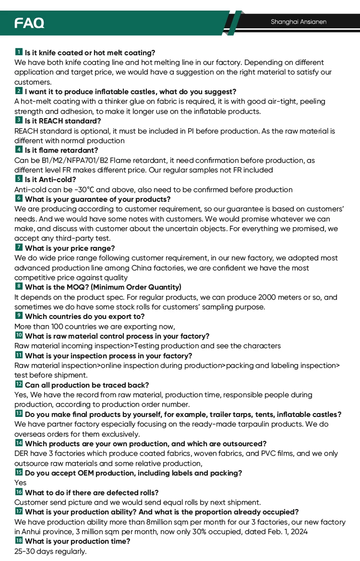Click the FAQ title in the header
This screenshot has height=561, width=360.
point(29,23)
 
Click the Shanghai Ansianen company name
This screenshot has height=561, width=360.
point(298,22)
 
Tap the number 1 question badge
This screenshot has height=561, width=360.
point(19,52)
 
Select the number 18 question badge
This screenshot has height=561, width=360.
point(19,541)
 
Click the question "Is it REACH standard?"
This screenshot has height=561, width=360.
point(63,121)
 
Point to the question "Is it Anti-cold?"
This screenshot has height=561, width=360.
point(50,179)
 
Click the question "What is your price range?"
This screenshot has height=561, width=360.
point(70,248)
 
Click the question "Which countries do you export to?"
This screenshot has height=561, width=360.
point(84,317)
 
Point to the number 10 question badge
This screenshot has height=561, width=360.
point(19,335)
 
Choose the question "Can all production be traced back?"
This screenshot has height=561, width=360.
point(87,385)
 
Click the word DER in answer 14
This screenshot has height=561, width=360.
point(22,453)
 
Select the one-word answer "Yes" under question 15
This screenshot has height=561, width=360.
point(21,483)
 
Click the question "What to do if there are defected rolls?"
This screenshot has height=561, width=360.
point(92,492)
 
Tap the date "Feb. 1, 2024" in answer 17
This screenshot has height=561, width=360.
point(286,532)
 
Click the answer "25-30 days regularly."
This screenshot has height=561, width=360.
point(50,551)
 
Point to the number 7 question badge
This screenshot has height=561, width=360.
point(19,247)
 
